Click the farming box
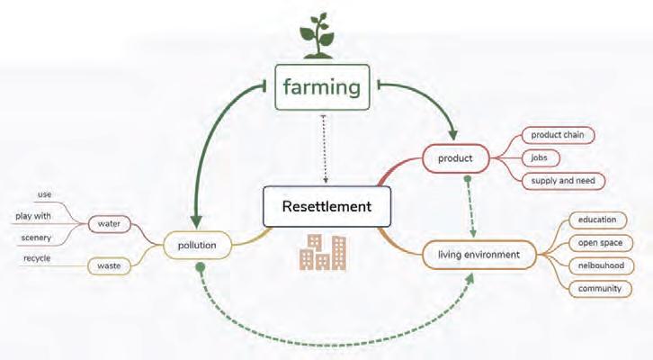click(322, 87)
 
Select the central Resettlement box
click(326, 207)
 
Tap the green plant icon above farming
click(318, 36)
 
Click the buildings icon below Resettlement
click(323, 252)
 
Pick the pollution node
click(197, 246)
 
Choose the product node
click(455, 158)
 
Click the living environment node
click(479, 255)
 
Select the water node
click(109, 224)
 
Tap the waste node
click(109, 265)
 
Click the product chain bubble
click(558, 135)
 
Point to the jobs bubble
click(540, 157)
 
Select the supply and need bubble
click(563, 181)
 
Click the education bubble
click(597, 220)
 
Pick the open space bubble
click(600, 242)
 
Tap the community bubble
click(600, 288)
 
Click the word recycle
click(37, 258)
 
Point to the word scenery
click(36, 238)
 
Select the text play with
click(33, 216)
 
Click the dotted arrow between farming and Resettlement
click(325, 148)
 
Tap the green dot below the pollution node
click(201, 266)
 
